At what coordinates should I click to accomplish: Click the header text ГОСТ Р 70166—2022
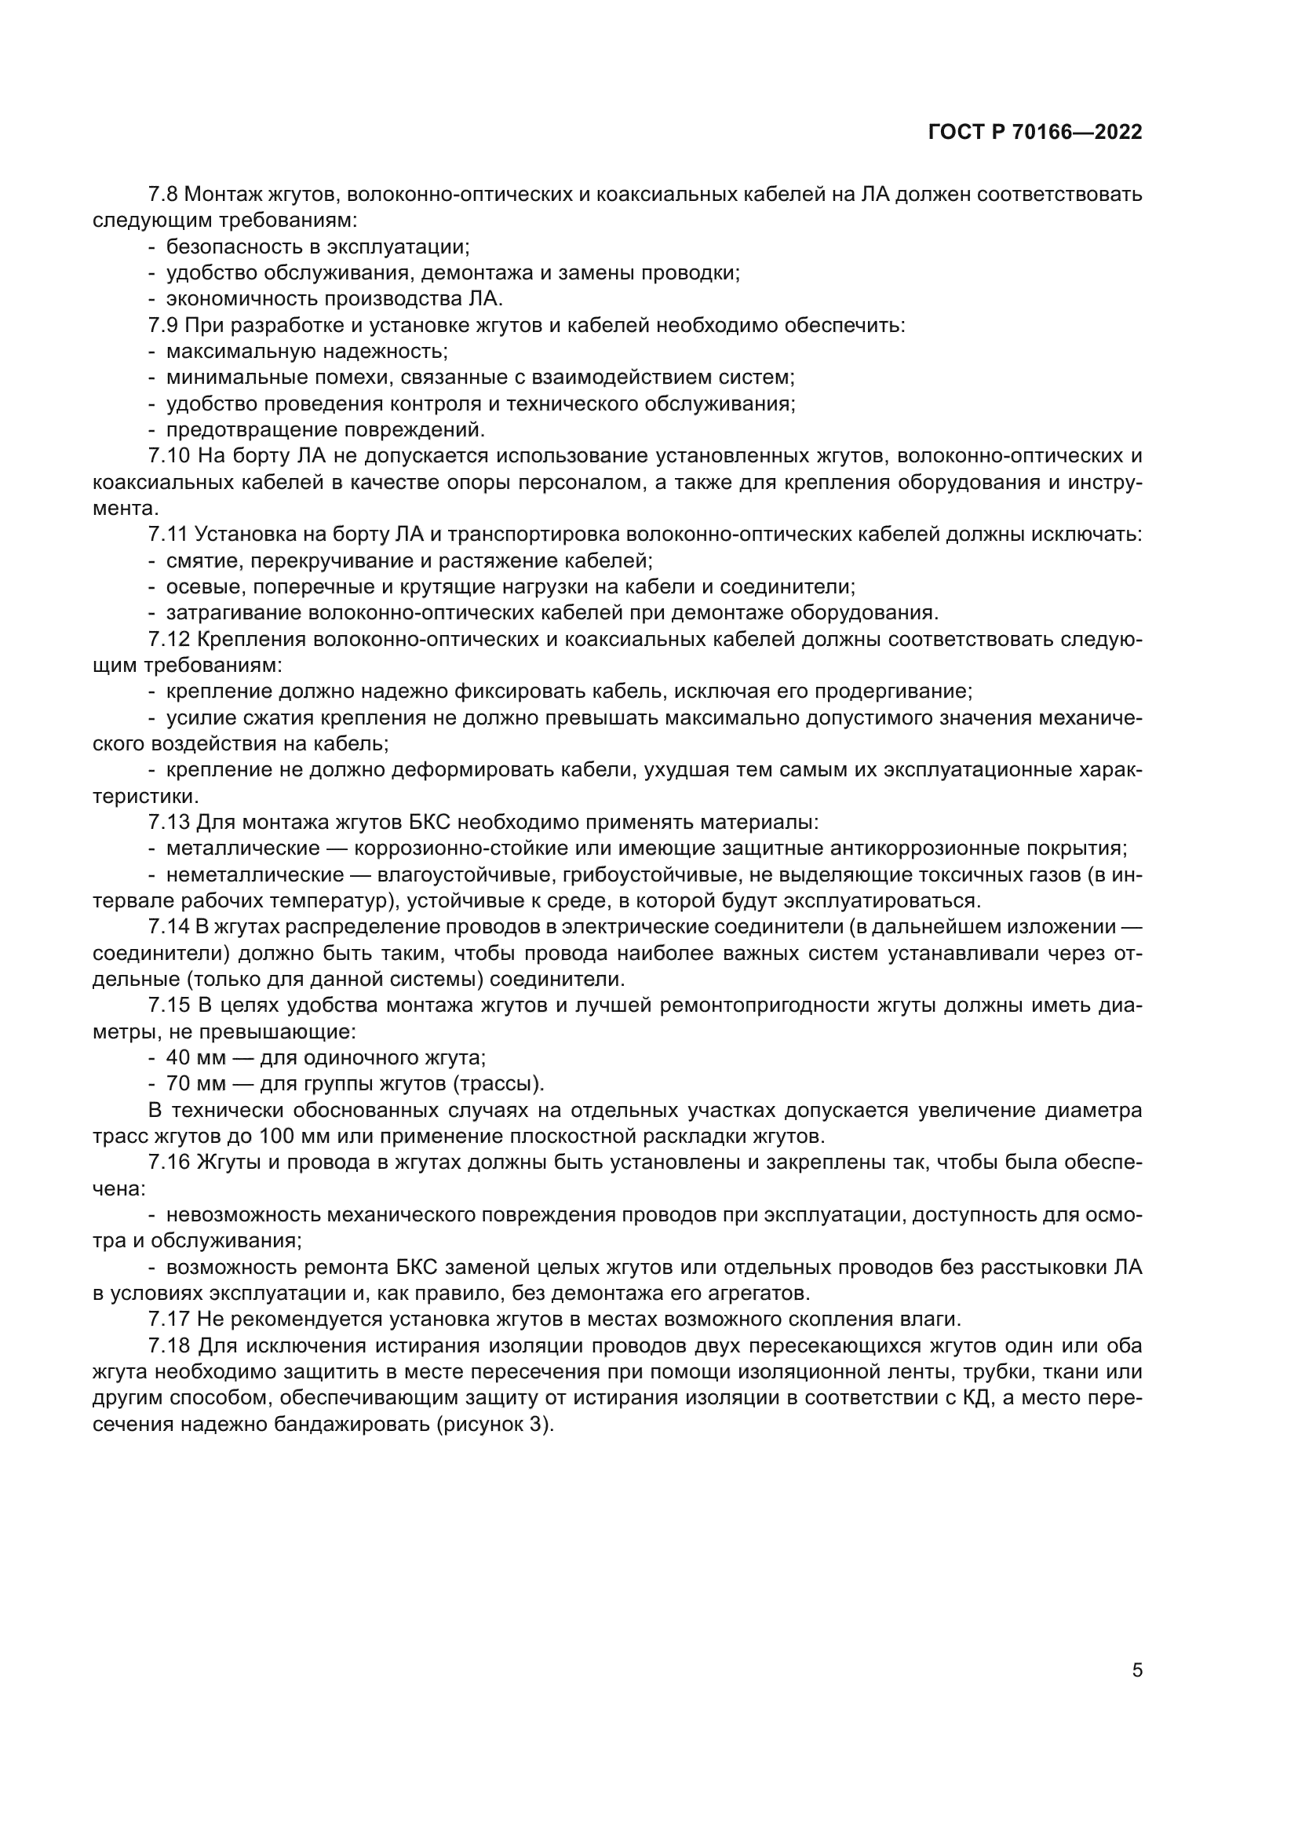click(x=1035, y=133)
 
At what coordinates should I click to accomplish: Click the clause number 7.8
click(x=164, y=195)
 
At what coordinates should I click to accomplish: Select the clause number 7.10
click(x=169, y=456)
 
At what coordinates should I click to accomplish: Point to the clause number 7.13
click(x=169, y=822)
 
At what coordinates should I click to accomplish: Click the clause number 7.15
click(x=169, y=1006)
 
